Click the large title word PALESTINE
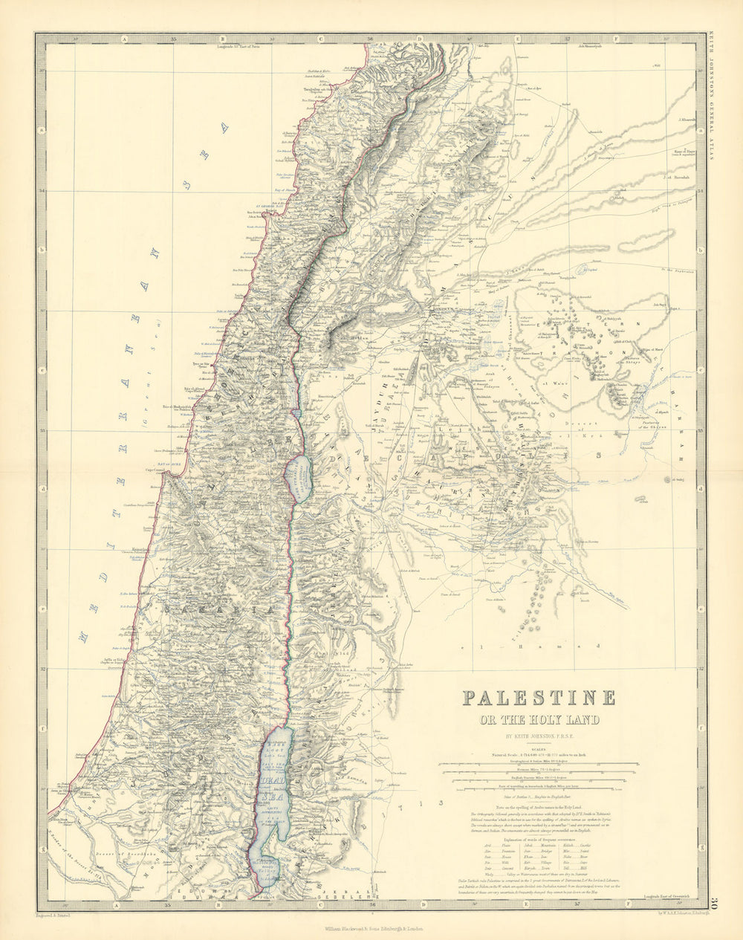(x=539, y=698)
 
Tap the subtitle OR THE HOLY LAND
(x=539, y=719)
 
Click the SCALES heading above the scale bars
(x=539, y=749)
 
